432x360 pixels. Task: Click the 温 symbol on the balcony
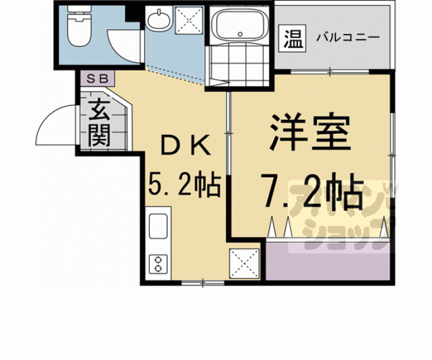pos(292,39)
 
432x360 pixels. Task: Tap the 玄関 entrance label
pos(99,123)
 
